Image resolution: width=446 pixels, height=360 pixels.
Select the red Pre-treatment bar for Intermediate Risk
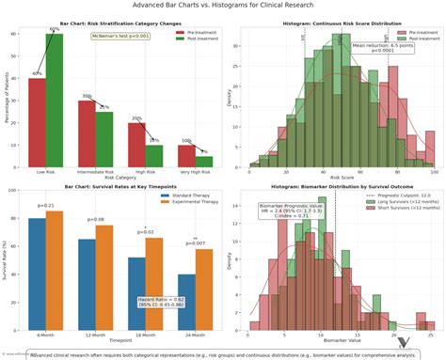tap(87, 133)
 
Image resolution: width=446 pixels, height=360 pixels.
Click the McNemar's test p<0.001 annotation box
tap(119, 36)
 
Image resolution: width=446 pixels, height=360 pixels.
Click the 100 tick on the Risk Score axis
tap(434, 172)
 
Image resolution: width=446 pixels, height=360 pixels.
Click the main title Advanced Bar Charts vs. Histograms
tap(223, 6)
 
